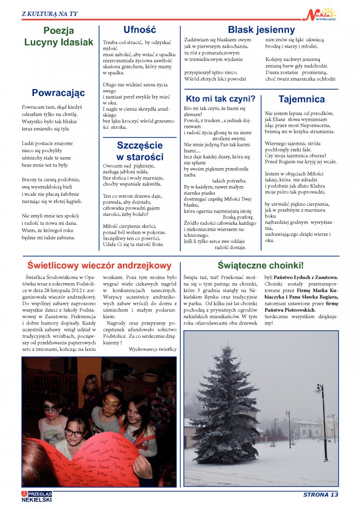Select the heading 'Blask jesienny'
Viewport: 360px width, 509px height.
(261, 30)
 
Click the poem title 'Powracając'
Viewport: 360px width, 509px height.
(58, 93)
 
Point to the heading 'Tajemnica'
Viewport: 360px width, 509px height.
(301, 99)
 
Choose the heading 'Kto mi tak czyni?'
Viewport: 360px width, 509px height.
(221, 99)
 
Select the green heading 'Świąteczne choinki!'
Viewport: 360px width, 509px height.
(260, 265)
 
